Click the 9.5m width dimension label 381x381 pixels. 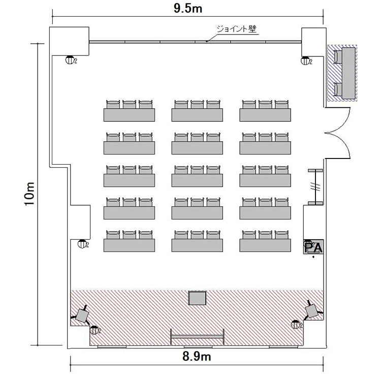tap(188, 8)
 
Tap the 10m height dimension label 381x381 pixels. tap(29, 194)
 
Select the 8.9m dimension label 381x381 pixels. tap(197, 357)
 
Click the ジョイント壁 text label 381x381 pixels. tap(236, 29)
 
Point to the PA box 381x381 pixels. tap(313, 247)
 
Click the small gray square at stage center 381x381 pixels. tap(197, 298)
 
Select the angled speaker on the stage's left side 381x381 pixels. tap(82, 315)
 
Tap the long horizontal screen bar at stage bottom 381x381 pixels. tap(197, 336)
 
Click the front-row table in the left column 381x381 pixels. tap(129, 245)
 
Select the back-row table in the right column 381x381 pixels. tap(265, 115)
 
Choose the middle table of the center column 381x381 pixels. tap(197, 180)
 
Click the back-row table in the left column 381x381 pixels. tap(129, 115)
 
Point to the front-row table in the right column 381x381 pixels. tap(265, 245)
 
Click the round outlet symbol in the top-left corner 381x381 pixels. tap(70, 60)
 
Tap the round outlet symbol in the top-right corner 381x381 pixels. tap(305, 60)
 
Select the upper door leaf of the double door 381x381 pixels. tap(342, 120)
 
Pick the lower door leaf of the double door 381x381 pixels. tap(342, 146)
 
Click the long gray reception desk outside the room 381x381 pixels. tap(348, 73)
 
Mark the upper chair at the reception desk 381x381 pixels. tap(338, 57)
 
